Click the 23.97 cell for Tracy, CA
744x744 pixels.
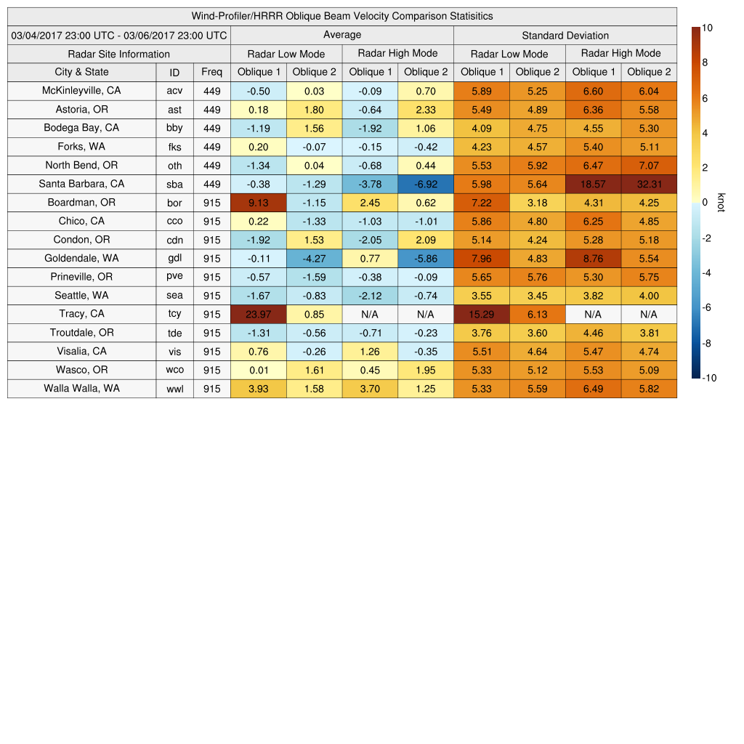pyautogui.click(x=258, y=314)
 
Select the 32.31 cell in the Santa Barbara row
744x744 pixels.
pyautogui.click(x=649, y=184)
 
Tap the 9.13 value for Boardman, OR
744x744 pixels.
pyautogui.click(x=258, y=203)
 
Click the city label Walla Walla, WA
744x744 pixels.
pyautogui.click(x=81, y=388)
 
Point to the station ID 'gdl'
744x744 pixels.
pyautogui.click(x=174, y=259)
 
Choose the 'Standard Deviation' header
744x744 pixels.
pyautogui.click(x=565, y=36)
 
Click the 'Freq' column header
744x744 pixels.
pyautogui.click(x=211, y=72)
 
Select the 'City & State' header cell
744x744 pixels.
pyautogui.click(x=81, y=72)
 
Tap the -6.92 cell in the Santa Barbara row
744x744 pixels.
pyautogui.click(x=426, y=184)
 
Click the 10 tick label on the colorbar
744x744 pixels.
pyautogui.click(x=707, y=28)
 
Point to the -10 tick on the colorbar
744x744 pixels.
pyautogui.click(x=710, y=378)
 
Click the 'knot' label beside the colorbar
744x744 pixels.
pyautogui.click(x=720, y=203)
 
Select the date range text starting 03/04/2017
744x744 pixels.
pyautogui.click(x=119, y=36)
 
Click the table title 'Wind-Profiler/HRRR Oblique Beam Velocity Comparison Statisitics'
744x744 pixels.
pyautogui.click(x=342, y=16)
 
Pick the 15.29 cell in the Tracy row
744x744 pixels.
pyautogui.click(x=481, y=314)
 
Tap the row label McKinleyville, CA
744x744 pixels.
pyautogui.click(x=81, y=91)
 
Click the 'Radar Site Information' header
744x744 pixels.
pyautogui.click(x=118, y=54)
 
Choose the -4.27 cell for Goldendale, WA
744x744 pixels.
pyautogui.click(x=314, y=259)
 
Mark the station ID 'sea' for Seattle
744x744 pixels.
pyautogui.click(x=174, y=296)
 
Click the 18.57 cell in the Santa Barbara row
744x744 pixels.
pyautogui.click(x=594, y=184)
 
